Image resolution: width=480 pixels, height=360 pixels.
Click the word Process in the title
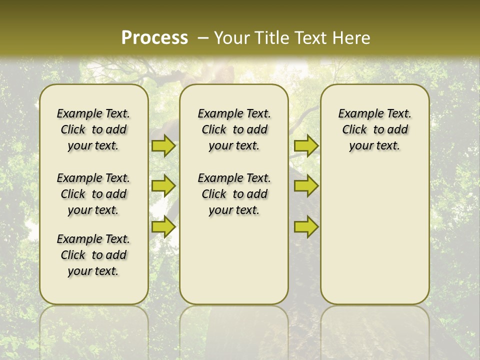click(x=154, y=38)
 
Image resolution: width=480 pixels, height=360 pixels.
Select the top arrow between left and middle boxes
click(x=163, y=145)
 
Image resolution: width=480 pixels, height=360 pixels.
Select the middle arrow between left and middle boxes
click(x=163, y=186)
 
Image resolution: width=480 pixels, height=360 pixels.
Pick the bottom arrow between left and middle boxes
click(x=163, y=227)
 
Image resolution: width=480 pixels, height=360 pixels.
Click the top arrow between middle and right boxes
click(x=306, y=145)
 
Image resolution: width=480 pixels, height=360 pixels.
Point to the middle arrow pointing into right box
click(x=306, y=186)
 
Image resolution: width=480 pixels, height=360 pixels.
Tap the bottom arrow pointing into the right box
click(x=306, y=227)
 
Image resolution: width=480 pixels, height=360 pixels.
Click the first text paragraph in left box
click(x=93, y=129)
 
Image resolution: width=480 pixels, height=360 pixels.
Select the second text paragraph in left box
click(x=93, y=194)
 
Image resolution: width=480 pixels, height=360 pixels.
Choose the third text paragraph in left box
click(x=93, y=255)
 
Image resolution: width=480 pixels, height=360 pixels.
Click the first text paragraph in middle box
click(x=234, y=129)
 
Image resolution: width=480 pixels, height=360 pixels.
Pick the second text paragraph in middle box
click(x=234, y=194)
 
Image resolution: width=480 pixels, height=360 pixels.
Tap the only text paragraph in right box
click(x=374, y=129)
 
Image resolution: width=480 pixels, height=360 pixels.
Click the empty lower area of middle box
click(x=234, y=260)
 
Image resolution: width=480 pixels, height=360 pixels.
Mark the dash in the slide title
click(x=203, y=38)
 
